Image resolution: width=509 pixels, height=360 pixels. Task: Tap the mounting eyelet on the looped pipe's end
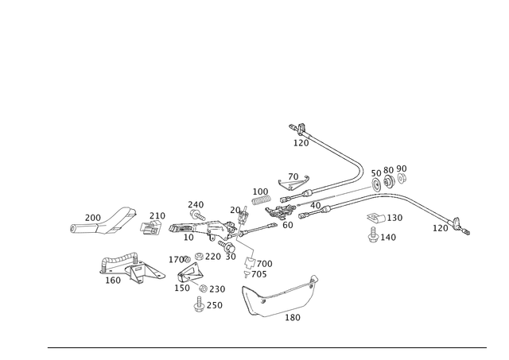[315, 279]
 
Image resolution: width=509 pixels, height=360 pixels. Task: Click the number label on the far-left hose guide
[92, 215]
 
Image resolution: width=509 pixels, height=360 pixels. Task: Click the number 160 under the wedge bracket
[115, 280]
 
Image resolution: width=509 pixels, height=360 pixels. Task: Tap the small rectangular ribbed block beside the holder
[259, 192]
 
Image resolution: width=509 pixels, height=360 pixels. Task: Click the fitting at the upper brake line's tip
[297, 126]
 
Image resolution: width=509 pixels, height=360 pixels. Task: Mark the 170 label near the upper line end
[300, 143]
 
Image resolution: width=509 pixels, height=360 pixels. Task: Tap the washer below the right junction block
[374, 217]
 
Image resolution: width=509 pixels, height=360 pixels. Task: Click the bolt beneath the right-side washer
[371, 235]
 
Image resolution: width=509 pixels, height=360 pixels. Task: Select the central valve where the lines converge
[227, 235]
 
